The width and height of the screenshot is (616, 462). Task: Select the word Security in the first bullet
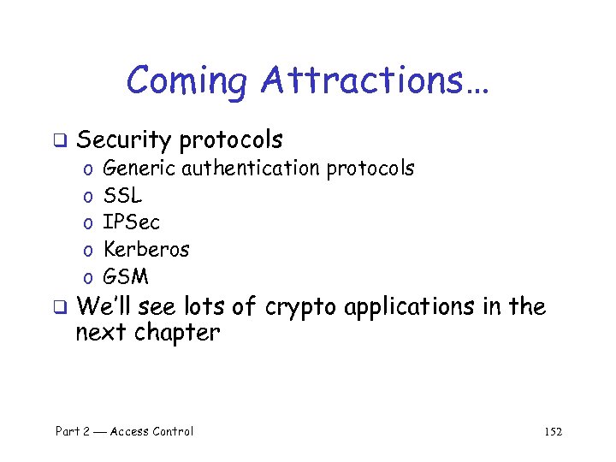pos(124,139)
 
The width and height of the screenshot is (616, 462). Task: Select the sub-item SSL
pos(122,196)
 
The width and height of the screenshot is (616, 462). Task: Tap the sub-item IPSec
pos(131,222)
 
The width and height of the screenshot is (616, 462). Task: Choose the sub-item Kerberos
pos(145,250)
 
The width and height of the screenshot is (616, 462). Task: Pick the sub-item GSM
pos(125,277)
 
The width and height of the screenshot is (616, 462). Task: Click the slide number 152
pos(553,432)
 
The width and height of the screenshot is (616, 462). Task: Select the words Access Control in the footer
pos(151,431)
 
